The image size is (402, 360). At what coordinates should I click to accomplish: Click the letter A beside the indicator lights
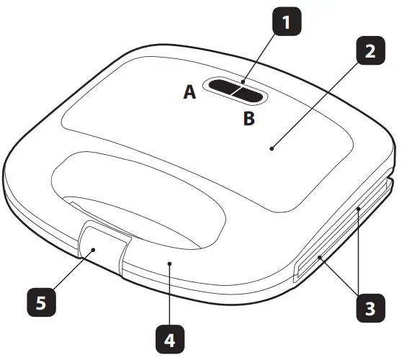click(x=189, y=92)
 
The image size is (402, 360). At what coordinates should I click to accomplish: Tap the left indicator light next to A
click(x=224, y=90)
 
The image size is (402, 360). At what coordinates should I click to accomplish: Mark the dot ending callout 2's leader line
click(x=272, y=148)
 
